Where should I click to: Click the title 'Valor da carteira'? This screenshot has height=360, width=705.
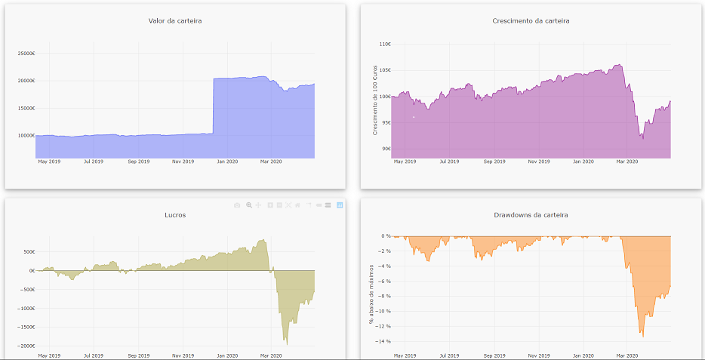point(174,20)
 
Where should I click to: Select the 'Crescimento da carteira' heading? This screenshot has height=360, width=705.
point(531,20)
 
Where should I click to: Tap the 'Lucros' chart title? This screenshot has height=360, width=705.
point(175,215)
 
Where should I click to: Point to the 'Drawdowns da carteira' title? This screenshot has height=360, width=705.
point(531,215)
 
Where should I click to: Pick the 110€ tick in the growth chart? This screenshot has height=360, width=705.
point(384,44)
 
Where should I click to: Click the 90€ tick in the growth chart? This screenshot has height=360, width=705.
point(386,149)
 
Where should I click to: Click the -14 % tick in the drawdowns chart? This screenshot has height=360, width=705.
point(383,342)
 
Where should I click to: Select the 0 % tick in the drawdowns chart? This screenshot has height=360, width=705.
point(385,236)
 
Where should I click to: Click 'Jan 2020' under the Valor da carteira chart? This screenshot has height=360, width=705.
point(226,162)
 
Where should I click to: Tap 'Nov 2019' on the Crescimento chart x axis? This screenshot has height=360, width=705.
point(538,162)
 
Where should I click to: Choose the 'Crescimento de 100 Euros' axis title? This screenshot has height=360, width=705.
point(375,100)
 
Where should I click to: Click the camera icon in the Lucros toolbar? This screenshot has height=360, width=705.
point(237,205)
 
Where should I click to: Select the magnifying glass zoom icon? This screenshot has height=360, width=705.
point(248,205)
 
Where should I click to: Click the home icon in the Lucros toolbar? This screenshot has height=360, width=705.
point(298,205)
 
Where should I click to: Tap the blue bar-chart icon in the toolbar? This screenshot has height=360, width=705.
point(340,205)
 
